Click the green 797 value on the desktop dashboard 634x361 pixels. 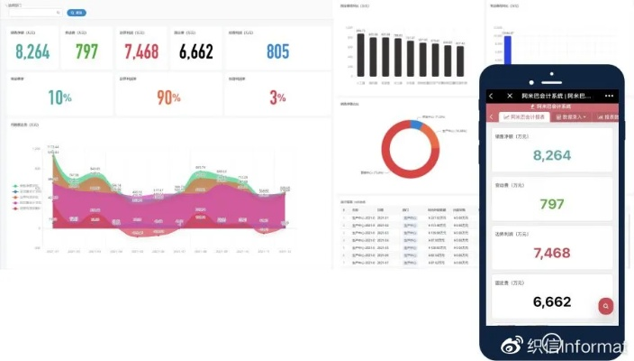click(x=86, y=51)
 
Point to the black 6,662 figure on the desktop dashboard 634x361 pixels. click(x=195, y=51)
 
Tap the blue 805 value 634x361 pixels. click(x=277, y=51)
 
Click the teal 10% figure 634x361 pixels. click(x=59, y=97)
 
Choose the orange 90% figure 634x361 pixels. click(x=168, y=97)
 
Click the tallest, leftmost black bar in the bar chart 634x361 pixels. click(x=361, y=56)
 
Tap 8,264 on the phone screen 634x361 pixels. click(x=552, y=155)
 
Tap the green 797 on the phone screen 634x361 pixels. click(x=552, y=204)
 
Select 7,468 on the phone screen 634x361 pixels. click(x=552, y=253)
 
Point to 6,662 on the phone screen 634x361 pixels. click(x=552, y=301)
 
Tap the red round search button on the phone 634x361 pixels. click(x=607, y=306)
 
